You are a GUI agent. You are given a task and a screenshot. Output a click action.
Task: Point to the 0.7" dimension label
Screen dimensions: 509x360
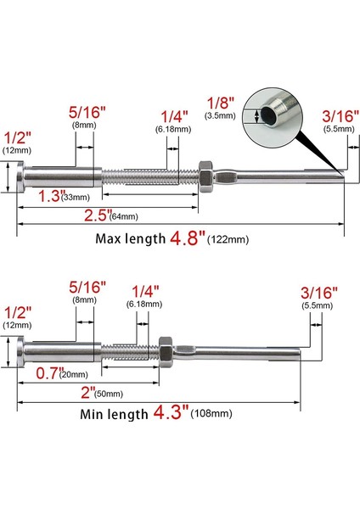pyautogui.click(x=48, y=372)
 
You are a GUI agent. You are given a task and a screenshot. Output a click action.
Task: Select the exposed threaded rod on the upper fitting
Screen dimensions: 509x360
pyautogui.click(x=149, y=177)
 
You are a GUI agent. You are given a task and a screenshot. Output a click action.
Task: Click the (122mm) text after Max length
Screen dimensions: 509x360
pyautogui.click(x=229, y=240)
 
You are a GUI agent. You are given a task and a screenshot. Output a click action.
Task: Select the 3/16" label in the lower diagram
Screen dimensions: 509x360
pyautogui.click(x=319, y=291)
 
